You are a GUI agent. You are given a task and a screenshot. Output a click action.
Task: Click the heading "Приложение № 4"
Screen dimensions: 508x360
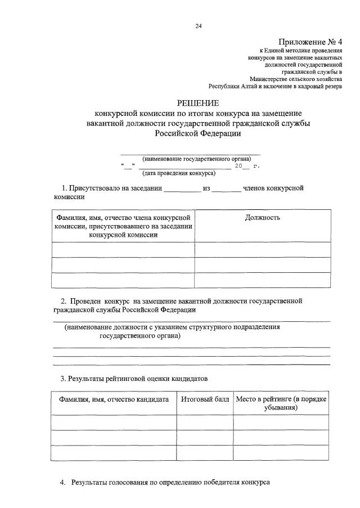(310, 42)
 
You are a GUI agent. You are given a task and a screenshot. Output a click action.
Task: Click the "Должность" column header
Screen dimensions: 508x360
(263, 217)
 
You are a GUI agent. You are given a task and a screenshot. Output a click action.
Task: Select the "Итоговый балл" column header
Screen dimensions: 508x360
(205, 399)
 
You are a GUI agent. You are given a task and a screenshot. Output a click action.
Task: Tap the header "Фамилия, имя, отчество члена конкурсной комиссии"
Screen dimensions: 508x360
(123, 226)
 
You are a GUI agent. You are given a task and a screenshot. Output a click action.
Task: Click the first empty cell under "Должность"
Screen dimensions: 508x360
(263, 249)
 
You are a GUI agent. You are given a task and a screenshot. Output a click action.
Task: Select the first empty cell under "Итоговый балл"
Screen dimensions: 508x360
(205, 422)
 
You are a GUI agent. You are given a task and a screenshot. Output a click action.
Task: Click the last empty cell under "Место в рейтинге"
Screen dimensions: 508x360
(281, 453)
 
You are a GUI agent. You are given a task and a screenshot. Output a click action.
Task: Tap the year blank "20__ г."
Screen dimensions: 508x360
(247, 167)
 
